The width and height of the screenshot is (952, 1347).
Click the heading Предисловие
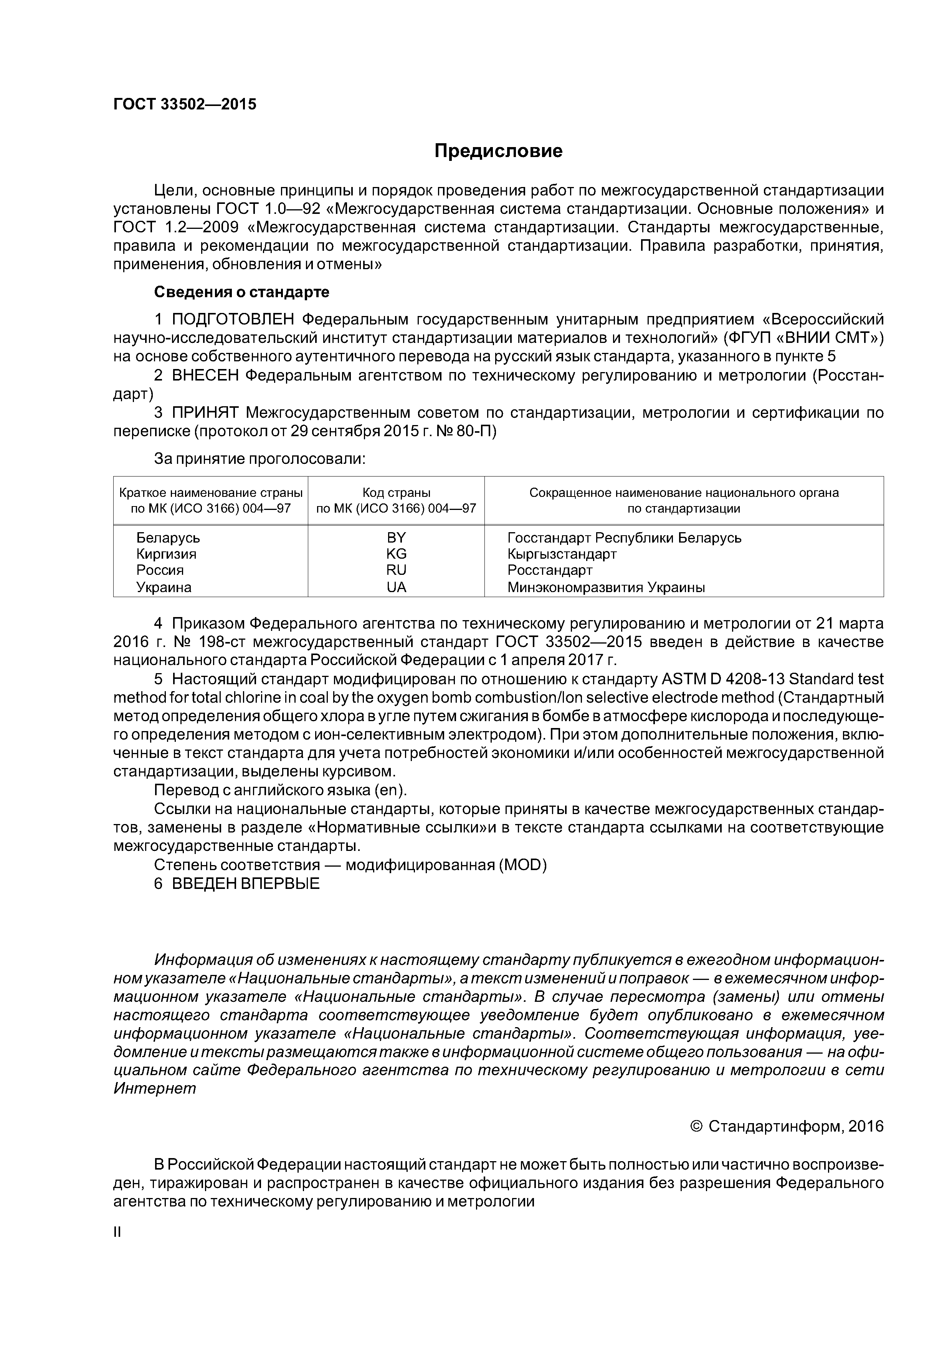coord(498,151)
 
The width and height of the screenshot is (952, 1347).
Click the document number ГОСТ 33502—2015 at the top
coord(185,104)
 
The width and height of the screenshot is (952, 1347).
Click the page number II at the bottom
coord(117,1232)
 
